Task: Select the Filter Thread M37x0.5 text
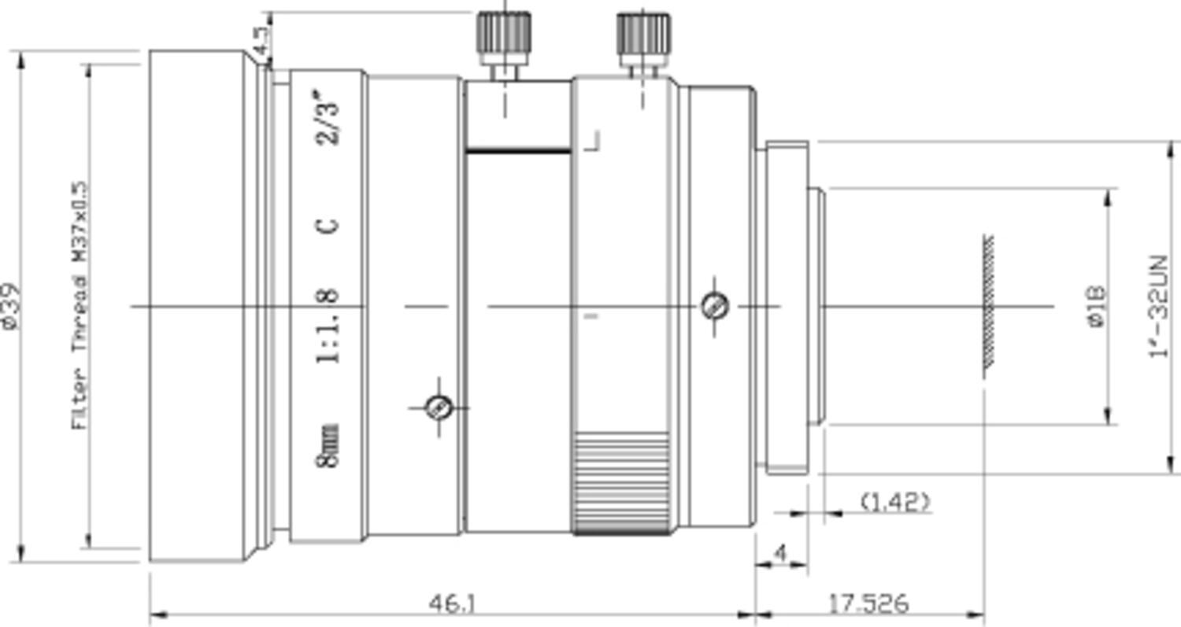tap(80, 306)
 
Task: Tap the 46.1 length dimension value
tap(452, 604)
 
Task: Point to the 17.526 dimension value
tap(868, 604)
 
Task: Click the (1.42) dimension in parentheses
tap(895, 501)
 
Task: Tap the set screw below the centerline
tap(439, 408)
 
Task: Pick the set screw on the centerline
tap(715, 306)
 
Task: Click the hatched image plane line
tap(988, 306)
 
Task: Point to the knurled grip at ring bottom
tap(622, 484)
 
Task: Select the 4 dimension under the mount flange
tap(780, 553)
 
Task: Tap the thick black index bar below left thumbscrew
tap(517, 149)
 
